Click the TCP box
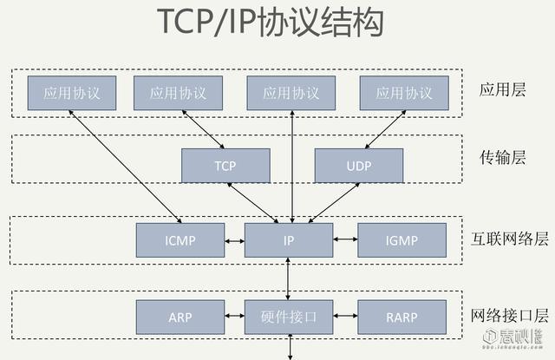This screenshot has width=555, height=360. tap(225, 165)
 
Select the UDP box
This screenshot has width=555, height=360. tap(358, 165)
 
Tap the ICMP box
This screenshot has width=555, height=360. tap(180, 240)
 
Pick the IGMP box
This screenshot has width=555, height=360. tap(402, 240)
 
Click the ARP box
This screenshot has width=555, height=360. tap(180, 317)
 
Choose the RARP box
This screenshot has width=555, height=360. tap(402, 317)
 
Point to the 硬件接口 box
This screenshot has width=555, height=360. tap(289, 317)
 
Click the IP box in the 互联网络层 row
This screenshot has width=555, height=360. tap(289, 240)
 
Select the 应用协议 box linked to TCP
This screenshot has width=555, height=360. tap(178, 93)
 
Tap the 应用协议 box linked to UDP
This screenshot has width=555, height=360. tap(404, 93)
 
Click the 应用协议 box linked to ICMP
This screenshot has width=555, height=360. tap(72, 93)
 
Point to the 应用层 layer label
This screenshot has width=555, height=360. tap(503, 89)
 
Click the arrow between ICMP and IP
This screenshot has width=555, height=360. tap(233, 240)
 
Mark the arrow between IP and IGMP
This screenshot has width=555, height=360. tap(345, 240)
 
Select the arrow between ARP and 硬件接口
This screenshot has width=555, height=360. tap(233, 317)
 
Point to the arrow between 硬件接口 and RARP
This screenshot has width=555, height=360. tap(345, 317)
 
